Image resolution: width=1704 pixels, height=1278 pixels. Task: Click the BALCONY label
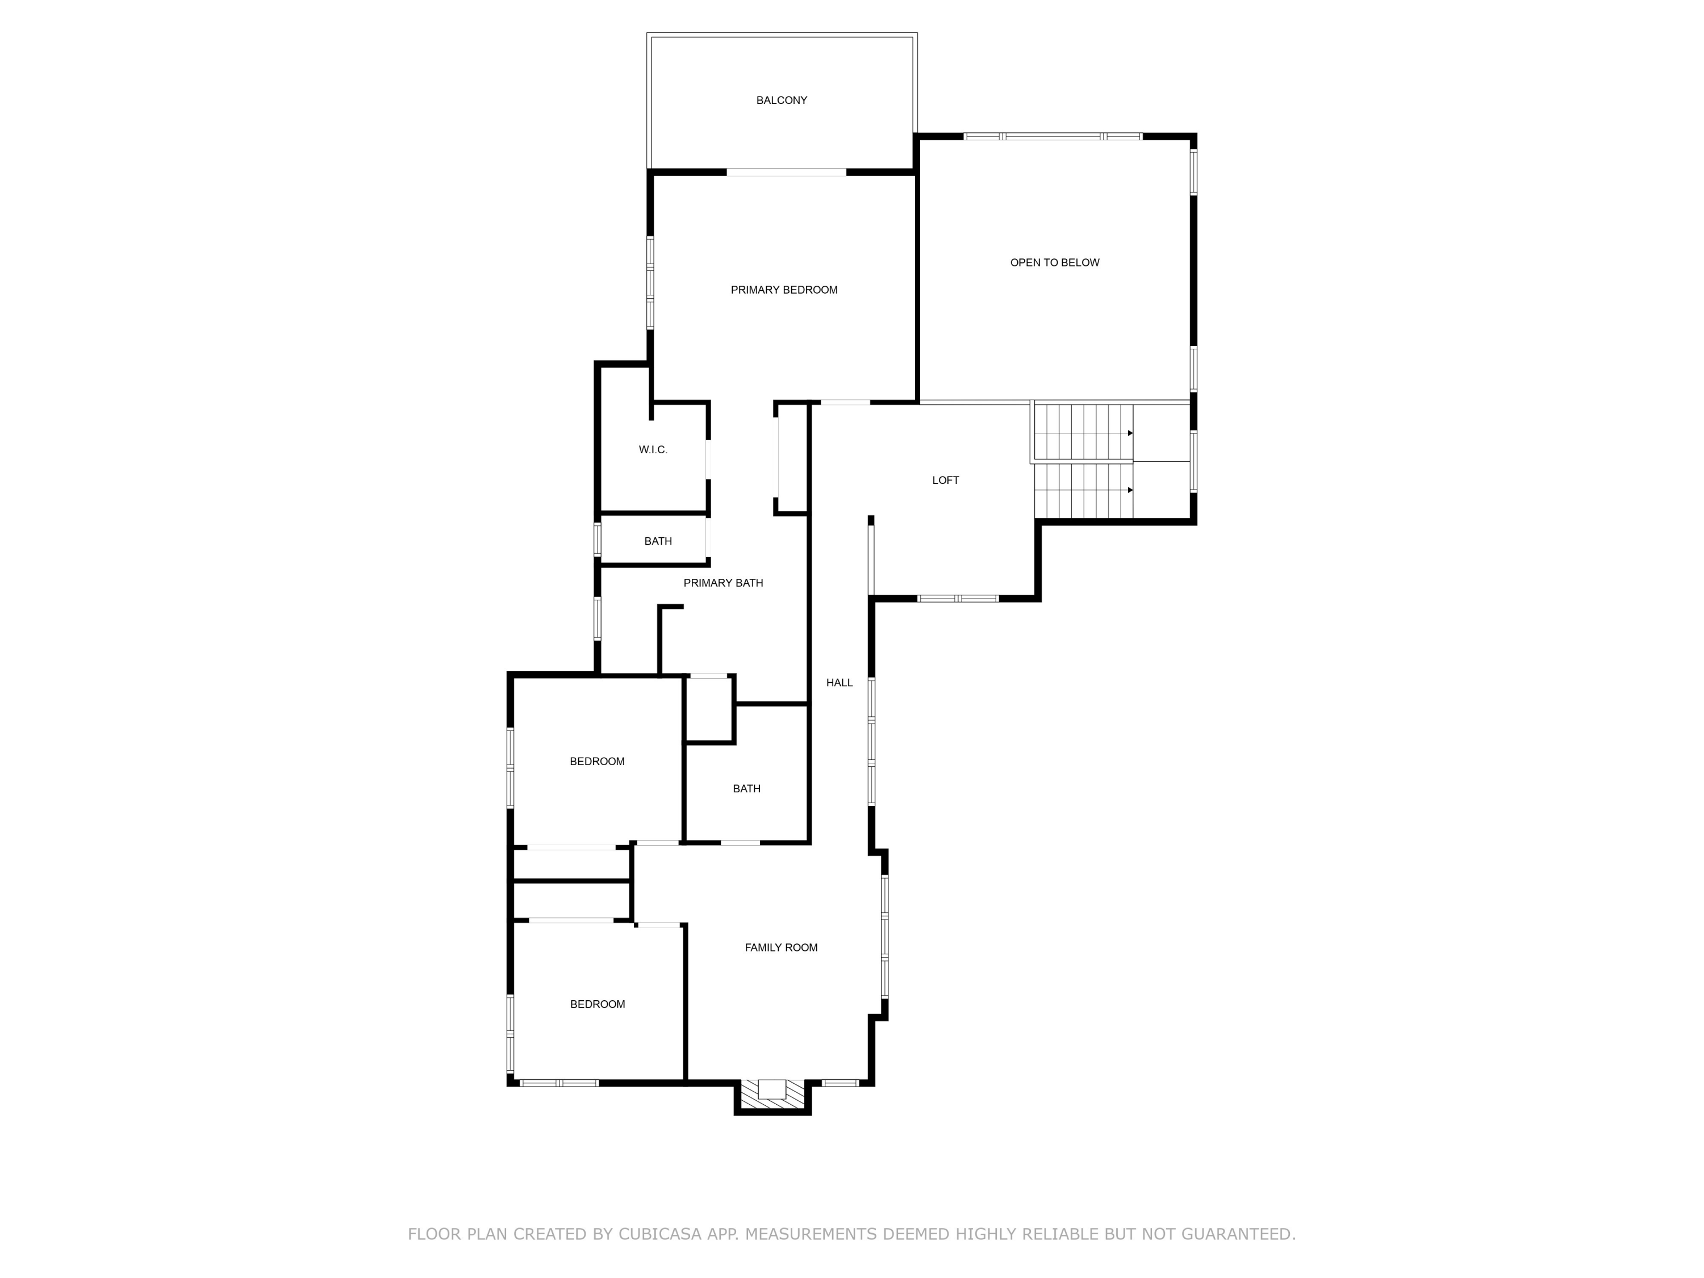(781, 100)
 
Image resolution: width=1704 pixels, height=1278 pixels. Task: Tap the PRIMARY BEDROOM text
(783, 290)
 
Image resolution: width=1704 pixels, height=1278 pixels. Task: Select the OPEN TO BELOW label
(1054, 262)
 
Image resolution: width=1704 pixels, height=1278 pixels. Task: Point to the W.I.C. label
(653, 450)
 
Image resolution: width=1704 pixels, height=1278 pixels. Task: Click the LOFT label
(945, 480)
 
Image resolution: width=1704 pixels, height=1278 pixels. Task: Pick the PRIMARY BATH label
(722, 583)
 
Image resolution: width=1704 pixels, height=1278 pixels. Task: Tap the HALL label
(839, 683)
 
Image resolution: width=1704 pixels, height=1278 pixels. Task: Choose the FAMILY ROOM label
(780, 947)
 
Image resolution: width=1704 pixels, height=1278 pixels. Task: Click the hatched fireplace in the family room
(771, 1096)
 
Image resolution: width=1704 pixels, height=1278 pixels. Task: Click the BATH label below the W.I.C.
(658, 541)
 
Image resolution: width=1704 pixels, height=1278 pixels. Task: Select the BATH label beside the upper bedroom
(746, 789)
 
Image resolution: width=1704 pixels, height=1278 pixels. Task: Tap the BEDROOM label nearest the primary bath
(597, 761)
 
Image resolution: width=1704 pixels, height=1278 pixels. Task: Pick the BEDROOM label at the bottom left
(597, 1005)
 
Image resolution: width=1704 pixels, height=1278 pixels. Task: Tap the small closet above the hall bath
(708, 709)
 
